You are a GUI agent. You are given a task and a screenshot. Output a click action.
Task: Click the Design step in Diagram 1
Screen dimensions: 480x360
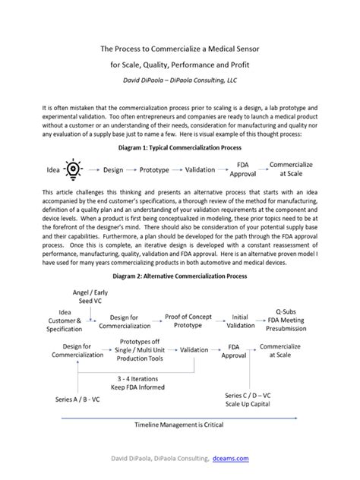pyautogui.click(x=112, y=169)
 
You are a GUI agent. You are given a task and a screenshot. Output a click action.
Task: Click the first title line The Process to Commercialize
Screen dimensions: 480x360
pyautogui.click(x=179, y=48)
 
